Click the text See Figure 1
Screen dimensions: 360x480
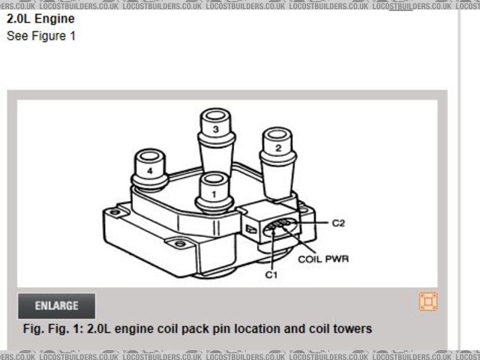point(41,35)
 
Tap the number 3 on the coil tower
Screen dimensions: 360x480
point(215,130)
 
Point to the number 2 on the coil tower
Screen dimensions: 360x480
point(278,148)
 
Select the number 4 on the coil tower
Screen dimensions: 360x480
point(151,170)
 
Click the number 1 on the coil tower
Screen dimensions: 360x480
point(214,193)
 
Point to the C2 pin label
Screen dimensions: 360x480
point(338,223)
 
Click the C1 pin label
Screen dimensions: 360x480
point(271,275)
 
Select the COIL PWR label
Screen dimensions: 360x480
point(323,259)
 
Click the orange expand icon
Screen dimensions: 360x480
point(427,301)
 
